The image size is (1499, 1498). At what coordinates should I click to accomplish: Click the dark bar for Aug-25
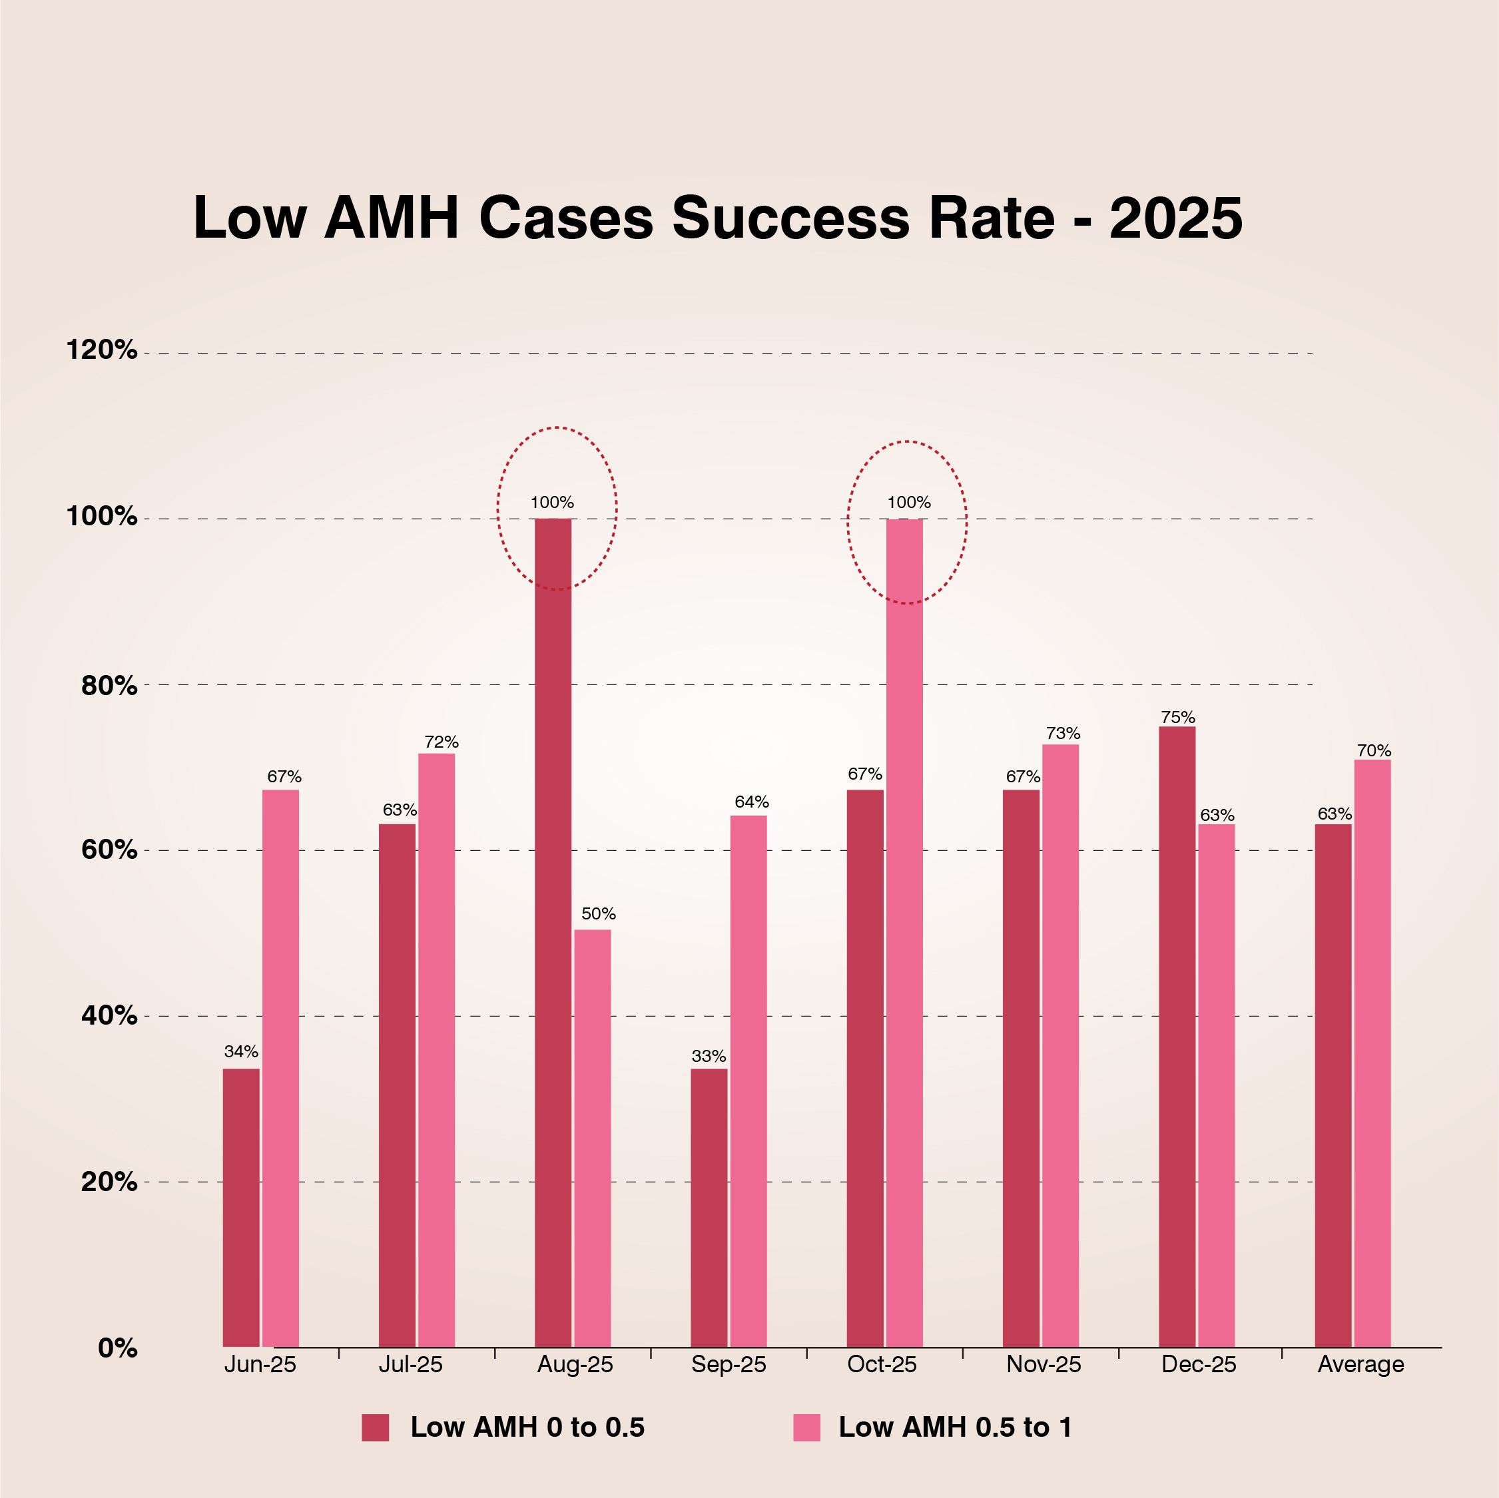(x=553, y=931)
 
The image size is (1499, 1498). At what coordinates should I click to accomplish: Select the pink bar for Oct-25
(x=905, y=931)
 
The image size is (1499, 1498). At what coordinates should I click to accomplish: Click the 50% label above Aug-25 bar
(x=598, y=914)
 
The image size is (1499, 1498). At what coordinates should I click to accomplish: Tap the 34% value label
(x=241, y=1052)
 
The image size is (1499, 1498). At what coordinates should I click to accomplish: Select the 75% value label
(x=1178, y=717)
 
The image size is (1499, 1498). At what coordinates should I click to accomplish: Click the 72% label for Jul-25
(x=442, y=742)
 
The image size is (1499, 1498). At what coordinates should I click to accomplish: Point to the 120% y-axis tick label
(x=102, y=350)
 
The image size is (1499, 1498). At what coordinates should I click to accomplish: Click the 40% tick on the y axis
(x=109, y=1015)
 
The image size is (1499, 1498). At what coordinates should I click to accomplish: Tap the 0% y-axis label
(x=117, y=1348)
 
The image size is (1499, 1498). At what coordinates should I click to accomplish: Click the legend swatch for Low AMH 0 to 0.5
(x=375, y=1427)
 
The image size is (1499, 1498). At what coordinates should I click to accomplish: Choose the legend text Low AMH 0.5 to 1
(x=955, y=1427)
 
